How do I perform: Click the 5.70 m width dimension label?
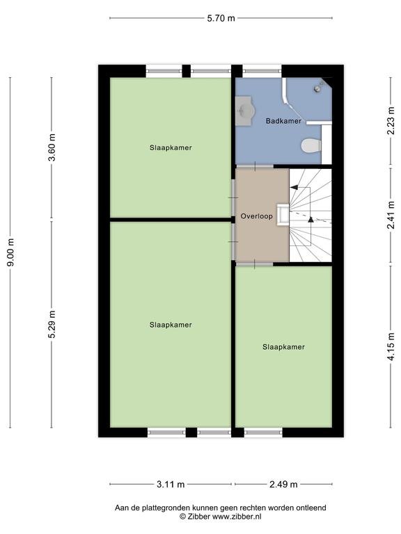coord(221,18)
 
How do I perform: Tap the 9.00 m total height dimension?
coord(11,252)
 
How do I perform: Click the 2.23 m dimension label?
coord(391,120)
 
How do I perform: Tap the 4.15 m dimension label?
coord(391,346)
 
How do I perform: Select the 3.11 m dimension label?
coord(171,484)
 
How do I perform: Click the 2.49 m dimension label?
coord(283,484)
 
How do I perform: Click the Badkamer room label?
coord(283,121)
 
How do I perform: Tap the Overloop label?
coord(256,216)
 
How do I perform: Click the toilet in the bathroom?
coord(311,145)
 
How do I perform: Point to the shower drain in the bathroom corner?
coord(317,88)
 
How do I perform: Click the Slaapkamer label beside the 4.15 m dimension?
coord(283,347)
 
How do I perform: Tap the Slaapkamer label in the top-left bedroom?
coord(171,147)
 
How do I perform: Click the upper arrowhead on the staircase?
coord(294,187)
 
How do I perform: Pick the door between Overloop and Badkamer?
coord(255,166)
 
